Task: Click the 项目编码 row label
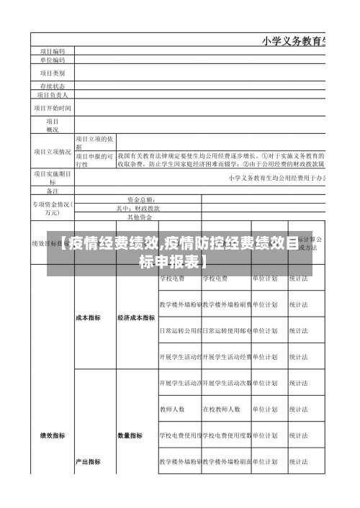(x=52, y=51)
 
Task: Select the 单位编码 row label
(x=52, y=60)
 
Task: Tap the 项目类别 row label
(x=52, y=73)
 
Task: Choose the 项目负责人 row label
(x=52, y=94)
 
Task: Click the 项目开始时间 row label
(x=52, y=108)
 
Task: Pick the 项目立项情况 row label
(x=52, y=152)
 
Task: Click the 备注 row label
(x=52, y=191)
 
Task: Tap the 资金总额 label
(x=140, y=199)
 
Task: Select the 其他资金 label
(x=140, y=217)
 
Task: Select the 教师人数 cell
(x=172, y=409)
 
